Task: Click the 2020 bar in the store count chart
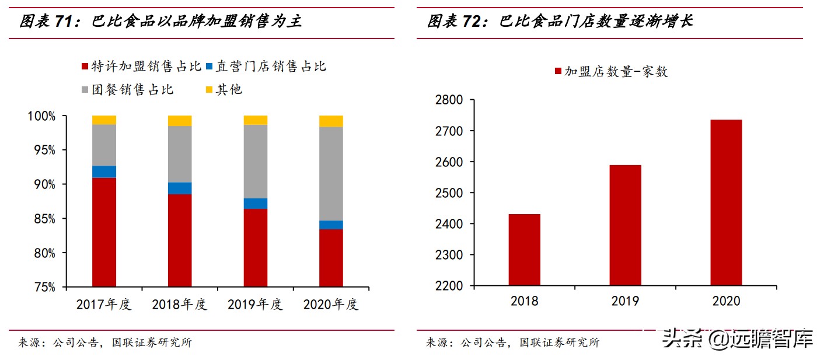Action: (726, 202)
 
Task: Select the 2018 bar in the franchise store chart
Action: (524, 250)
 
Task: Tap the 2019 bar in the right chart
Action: (625, 225)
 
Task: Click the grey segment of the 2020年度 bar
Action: (331, 174)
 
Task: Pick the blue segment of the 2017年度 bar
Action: (104, 172)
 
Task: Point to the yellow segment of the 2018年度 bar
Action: (180, 121)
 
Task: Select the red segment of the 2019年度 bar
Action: (256, 248)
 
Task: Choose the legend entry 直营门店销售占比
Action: (266, 67)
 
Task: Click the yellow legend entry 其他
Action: (224, 89)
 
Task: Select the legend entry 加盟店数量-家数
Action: (610, 72)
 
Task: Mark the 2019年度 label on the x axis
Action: (255, 305)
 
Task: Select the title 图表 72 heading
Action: (560, 22)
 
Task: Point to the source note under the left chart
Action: (105, 342)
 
